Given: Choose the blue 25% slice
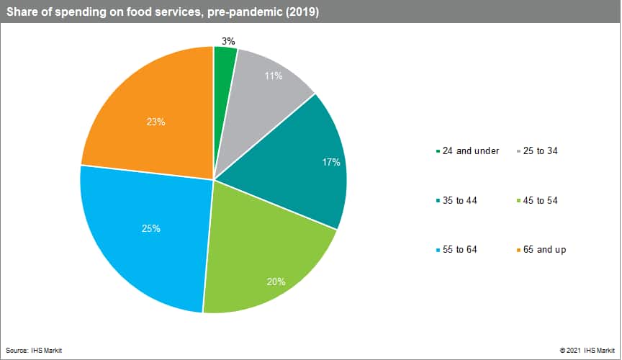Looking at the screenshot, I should point(144,238).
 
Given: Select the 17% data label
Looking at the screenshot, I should point(331,162).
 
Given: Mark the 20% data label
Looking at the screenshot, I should point(276,282).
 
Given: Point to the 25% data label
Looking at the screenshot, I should point(151,229).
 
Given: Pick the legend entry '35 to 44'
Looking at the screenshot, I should point(461,200).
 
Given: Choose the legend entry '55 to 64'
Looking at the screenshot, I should point(461,249).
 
